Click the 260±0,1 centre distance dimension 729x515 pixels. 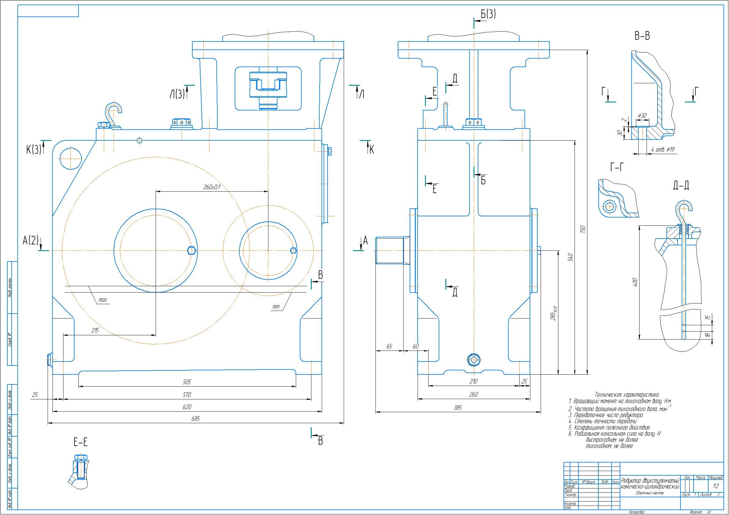pos(212,187)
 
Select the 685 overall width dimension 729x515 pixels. pos(196,419)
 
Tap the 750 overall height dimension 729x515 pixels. pos(582,229)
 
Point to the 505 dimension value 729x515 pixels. pos(187,382)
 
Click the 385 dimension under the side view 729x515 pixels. pos(458,408)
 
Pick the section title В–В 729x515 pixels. pos(642,36)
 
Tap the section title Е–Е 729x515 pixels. pos(80,442)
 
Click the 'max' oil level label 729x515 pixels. pos(103,300)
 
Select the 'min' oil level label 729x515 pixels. pos(276,307)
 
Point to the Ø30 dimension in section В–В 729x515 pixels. pos(642,116)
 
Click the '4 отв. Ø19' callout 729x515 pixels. pos(663,149)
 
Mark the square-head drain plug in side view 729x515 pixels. pos(474,359)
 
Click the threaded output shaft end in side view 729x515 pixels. pos(389,251)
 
